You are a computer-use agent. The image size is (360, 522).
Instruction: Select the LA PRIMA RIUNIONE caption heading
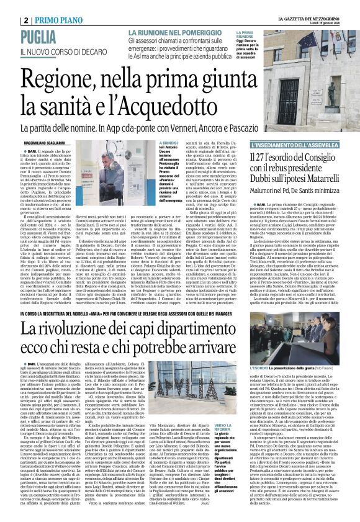point(245,34)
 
